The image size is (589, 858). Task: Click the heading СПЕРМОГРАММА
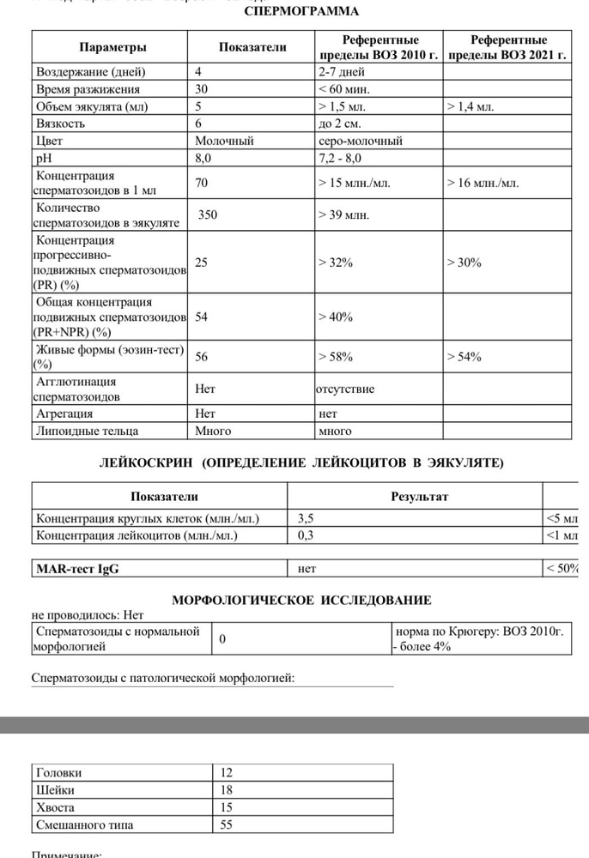pos(301,12)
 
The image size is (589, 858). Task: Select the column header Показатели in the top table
pos(252,47)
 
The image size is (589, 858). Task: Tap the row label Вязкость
pos(60,124)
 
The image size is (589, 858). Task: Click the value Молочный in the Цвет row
pos(224,141)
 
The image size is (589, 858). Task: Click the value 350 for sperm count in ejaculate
pos(208,214)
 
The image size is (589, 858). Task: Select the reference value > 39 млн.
pos(343,214)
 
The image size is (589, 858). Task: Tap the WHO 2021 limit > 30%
pos(464,263)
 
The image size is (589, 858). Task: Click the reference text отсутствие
pos(345,389)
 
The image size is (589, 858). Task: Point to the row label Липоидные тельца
pos(88,431)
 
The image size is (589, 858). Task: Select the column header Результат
pos(419,496)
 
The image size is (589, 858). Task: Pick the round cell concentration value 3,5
pos(307,518)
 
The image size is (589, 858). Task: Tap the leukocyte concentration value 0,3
pos(307,535)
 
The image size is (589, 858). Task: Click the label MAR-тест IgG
pos(77,568)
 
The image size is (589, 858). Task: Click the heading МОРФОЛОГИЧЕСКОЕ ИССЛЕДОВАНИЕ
pos(301,600)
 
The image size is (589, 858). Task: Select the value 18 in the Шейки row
pos(227,789)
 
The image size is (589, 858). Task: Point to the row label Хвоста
pos(56,807)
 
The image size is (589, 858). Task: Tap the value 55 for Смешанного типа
pos(227,825)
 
